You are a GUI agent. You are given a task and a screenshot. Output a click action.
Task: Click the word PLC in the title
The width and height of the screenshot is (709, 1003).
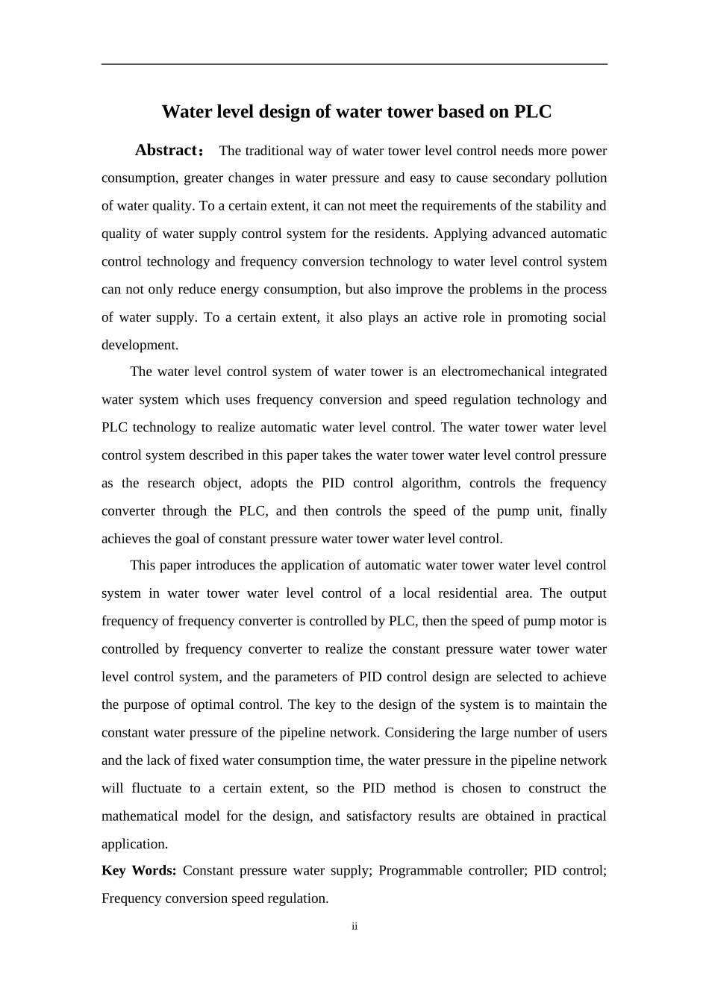tap(532, 112)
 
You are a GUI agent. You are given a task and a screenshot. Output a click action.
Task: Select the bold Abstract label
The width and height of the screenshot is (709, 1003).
tap(165, 150)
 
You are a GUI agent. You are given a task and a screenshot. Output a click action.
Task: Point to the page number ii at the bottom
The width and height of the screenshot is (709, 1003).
tap(354, 926)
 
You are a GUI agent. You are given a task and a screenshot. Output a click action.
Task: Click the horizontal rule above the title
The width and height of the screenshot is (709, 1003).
tap(354, 64)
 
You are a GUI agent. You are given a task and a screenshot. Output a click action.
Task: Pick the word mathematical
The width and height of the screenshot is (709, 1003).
tap(139, 816)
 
